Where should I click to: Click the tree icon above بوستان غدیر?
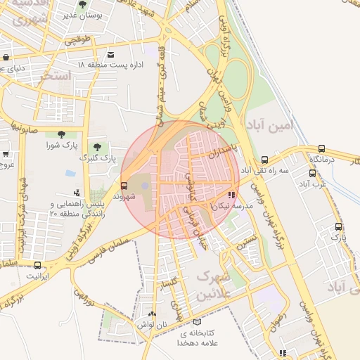click(83, 5)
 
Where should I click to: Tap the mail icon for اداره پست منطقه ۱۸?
click(110, 55)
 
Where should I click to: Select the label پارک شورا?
click(61, 145)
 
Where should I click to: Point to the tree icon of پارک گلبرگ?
click(96, 148)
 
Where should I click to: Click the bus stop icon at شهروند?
click(124, 186)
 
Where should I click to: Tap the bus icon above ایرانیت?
click(37, 265)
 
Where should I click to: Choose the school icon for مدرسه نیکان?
click(232, 195)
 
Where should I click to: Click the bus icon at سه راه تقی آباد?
click(264, 160)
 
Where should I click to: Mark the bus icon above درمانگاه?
click(321, 148)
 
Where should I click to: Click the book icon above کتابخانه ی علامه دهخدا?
click(195, 322)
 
